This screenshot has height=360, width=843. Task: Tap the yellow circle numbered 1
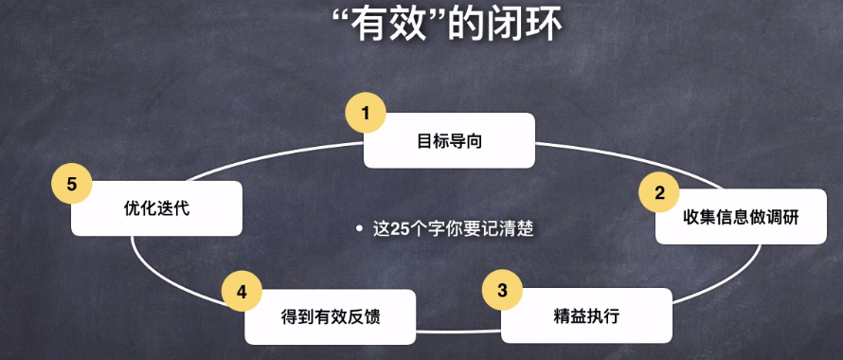[365, 114]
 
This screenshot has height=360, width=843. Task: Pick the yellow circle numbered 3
[502, 289]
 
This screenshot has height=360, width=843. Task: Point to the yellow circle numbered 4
[242, 292]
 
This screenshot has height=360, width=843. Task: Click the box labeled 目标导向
[450, 141]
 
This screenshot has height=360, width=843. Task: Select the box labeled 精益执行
[587, 315]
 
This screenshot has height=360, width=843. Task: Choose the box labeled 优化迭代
[157, 208]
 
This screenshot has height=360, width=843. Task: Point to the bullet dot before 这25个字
[359, 229]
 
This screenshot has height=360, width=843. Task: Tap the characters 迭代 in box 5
[173, 208]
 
